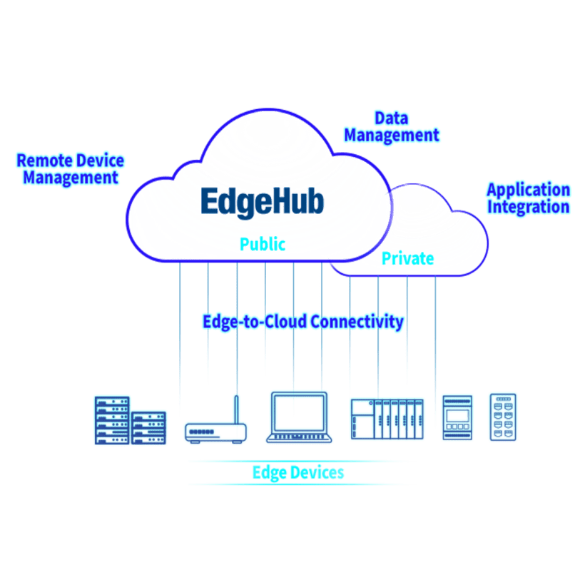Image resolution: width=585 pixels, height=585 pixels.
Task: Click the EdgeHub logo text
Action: [x=262, y=200]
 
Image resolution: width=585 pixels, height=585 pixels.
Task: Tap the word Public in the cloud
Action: [x=262, y=244]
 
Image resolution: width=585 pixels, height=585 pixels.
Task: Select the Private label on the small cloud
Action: [x=407, y=258]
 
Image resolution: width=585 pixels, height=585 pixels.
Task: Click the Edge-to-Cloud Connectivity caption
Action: [x=302, y=322]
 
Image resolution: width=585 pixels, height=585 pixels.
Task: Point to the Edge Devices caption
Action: [x=298, y=472]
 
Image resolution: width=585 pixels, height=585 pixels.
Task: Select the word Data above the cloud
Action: [x=391, y=118]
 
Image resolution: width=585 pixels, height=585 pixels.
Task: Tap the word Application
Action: [x=528, y=190]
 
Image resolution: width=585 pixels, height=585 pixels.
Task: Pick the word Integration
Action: [x=528, y=208]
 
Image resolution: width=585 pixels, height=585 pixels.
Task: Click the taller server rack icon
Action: [x=112, y=420]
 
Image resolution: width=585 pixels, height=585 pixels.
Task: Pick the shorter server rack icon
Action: [x=149, y=427]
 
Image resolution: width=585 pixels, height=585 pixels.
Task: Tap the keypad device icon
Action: [x=503, y=417]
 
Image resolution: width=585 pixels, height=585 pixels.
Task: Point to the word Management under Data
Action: [x=391, y=135]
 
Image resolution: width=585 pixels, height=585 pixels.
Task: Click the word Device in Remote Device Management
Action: [x=97, y=160]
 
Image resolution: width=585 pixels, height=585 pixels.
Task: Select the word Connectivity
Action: [x=359, y=322]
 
